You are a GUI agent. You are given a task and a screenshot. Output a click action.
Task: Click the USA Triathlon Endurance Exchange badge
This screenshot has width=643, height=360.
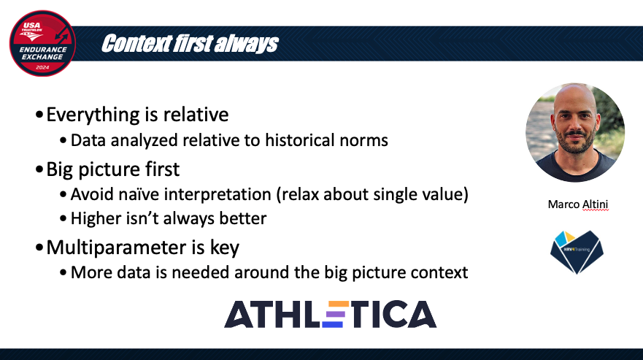[x=42, y=44]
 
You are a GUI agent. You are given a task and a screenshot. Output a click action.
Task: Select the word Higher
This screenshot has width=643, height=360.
[x=96, y=219]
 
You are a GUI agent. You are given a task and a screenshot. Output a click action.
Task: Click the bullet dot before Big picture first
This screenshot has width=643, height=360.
[x=39, y=169]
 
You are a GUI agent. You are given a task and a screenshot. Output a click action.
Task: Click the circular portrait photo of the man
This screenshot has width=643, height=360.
[x=575, y=133]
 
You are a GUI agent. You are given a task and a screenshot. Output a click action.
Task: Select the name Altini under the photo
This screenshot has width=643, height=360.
[x=595, y=204]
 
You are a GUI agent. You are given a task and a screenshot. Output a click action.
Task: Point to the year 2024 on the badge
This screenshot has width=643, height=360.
[x=42, y=67]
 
